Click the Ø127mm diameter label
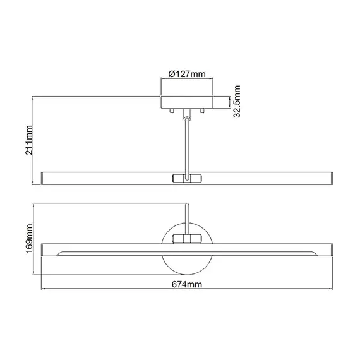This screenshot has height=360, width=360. pos(187,75)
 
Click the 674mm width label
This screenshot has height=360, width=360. pos(187,285)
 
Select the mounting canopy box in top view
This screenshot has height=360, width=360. pos(187,101)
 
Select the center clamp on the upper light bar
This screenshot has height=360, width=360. pos(187,177)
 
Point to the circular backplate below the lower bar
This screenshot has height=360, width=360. pos(187,265)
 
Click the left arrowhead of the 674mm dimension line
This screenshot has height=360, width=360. pos(44,290)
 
